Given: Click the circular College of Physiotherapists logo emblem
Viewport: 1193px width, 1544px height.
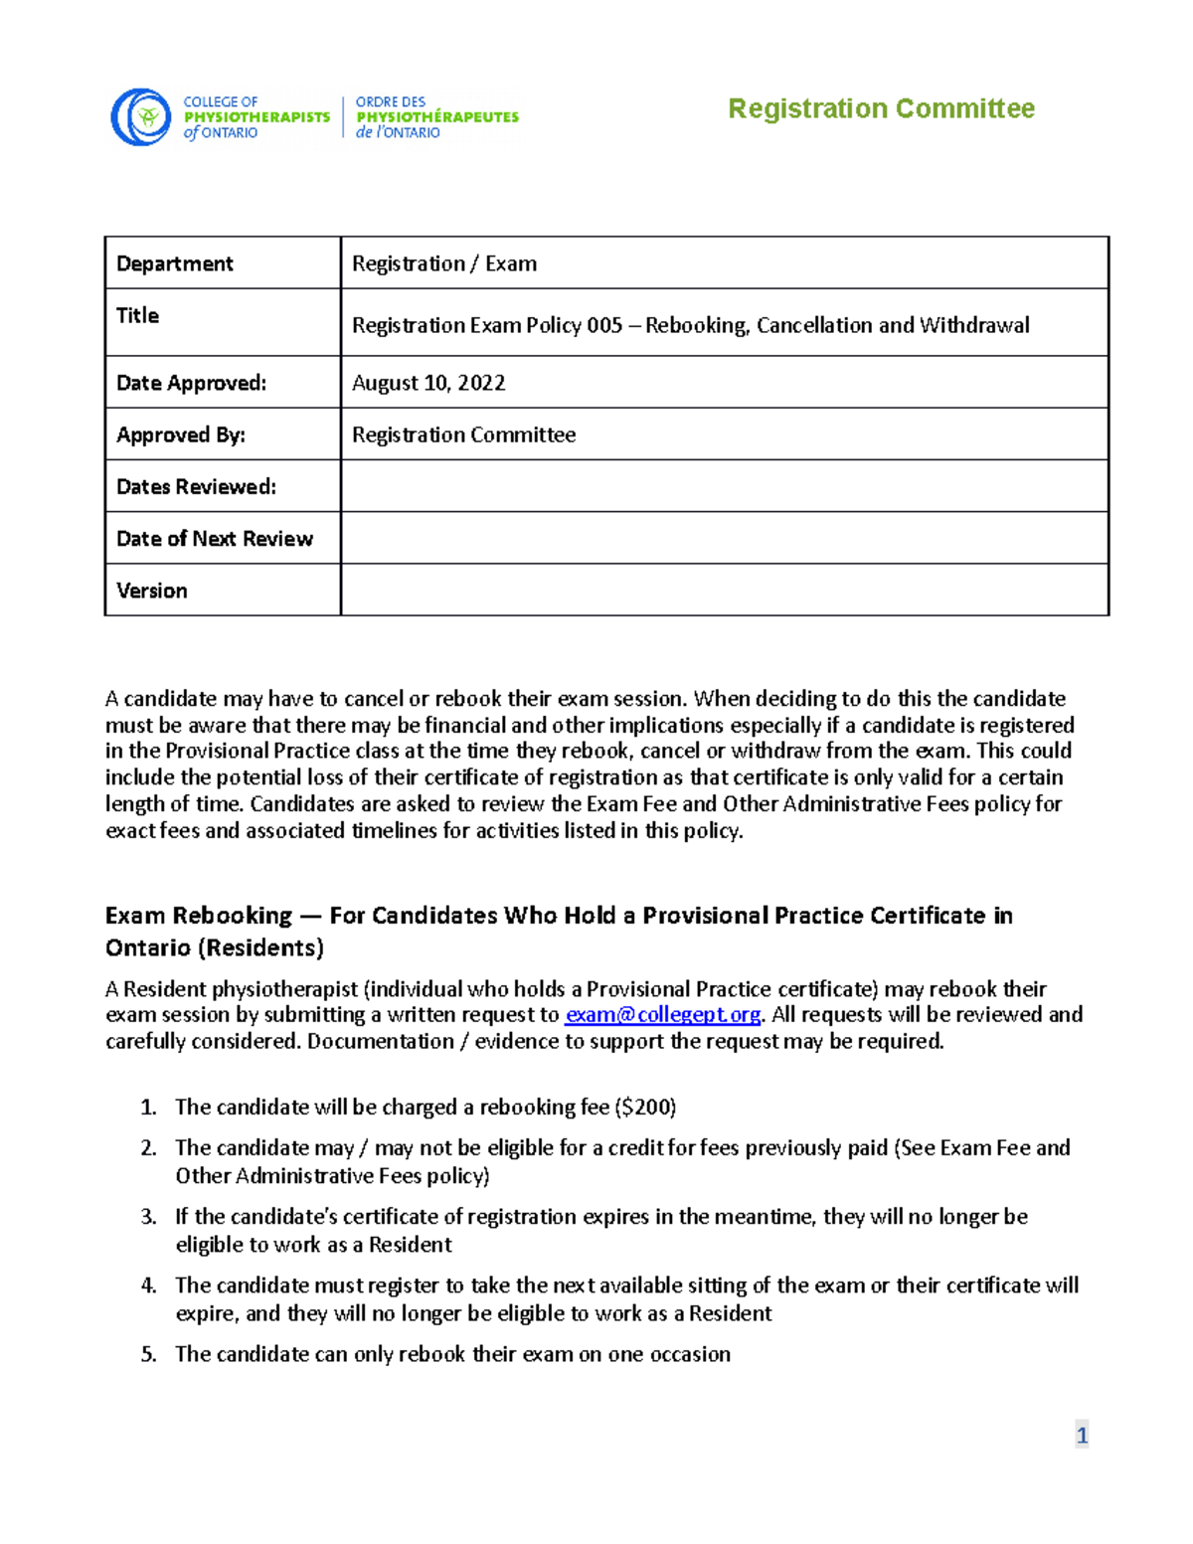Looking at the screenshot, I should pyautogui.click(x=141, y=117).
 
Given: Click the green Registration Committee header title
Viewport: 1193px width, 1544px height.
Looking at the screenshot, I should pyautogui.click(x=881, y=108).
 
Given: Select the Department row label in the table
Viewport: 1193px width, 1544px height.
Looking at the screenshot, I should pyautogui.click(x=175, y=263).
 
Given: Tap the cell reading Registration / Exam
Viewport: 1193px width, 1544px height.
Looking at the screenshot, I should pyautogui.click(x=444, y=263).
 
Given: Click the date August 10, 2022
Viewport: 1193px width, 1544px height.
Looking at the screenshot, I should pyautogui.click(x=428, y=383).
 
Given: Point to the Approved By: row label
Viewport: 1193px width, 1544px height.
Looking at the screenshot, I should pyautogui.click(x=181, y=434).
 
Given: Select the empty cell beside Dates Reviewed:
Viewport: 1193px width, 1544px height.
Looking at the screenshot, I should pyautogui.click(x=724, y=486).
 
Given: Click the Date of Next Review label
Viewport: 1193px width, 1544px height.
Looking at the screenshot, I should pyautogui.click(x=215, y=539).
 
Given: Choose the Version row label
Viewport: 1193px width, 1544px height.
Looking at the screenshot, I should pyautogui.click(x=152, y=591).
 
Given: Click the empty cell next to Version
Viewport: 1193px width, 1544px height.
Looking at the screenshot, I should pyautogui.click(x=724, y=591).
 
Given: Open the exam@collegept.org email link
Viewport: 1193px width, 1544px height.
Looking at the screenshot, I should pyautogui.click(x=662, y=1015).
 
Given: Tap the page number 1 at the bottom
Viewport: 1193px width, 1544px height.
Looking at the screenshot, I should pyautogui.click(x=1082, y=1435).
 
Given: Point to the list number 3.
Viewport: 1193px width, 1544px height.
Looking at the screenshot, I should pyautogui.click(x=148, y=1217).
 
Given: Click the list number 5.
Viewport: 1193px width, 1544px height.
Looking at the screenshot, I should pyautogui.click(x=148, y=1354).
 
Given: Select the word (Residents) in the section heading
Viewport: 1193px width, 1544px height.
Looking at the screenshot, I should pyautogui.click(x=261, y=947).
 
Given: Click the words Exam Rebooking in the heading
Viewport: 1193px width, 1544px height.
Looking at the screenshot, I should pyautogui.click(x=199, y=916).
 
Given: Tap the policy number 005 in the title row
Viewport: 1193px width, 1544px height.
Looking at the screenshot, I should pyautogui.click(x=604, y=325).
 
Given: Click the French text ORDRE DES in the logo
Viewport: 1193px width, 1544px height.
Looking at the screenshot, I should pyautogui.click(x=391, y=101).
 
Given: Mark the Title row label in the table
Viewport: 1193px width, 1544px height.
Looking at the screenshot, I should pyautogui.click(x=138, y=315).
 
